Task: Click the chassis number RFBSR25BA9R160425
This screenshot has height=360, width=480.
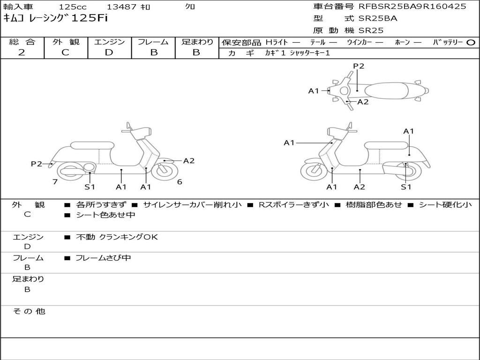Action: click(412, 7)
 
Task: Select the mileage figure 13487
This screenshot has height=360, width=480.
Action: click(122, 7)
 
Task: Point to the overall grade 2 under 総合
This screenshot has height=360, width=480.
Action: click(22, 52)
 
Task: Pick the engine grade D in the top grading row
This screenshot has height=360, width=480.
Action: click(109, 52)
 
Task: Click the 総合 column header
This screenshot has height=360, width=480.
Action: click(22, 42)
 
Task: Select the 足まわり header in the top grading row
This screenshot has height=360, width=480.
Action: click(197, 42)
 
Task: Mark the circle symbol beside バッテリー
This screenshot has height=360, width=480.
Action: click(471, 43)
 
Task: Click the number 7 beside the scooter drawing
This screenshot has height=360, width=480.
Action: click(55, 182)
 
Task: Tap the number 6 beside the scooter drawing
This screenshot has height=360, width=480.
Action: click(180, 182)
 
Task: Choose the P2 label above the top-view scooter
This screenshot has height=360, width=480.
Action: click(359, 66)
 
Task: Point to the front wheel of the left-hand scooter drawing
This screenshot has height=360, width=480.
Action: click(162, 171)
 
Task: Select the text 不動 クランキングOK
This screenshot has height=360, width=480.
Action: click(117, 237)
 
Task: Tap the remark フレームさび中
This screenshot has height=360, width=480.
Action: click(103, 258)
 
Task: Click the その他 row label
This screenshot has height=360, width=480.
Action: click(29, 311)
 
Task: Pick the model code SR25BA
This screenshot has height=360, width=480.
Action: click(378, 19)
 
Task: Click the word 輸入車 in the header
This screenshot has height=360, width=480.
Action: click(18, 7)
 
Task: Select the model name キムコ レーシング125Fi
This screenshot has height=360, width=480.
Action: click(56, 18)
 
